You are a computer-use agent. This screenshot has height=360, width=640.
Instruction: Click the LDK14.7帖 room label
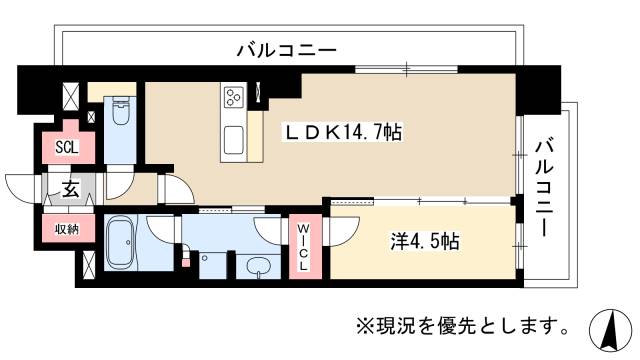coord(345,132)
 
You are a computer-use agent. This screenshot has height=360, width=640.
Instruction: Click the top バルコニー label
coord(286,49)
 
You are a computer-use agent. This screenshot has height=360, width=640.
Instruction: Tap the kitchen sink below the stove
coord(236,138)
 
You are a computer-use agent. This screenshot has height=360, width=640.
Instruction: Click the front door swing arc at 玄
coord(22,187)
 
